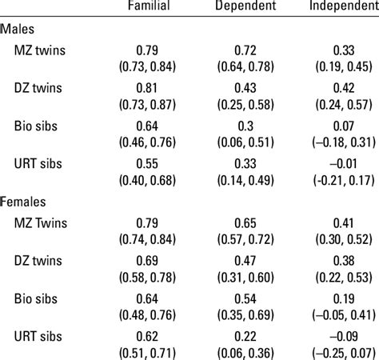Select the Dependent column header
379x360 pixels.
pyautogui.click(x=245, y=6)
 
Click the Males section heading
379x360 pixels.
pyautogui.click(x=17, y=29)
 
